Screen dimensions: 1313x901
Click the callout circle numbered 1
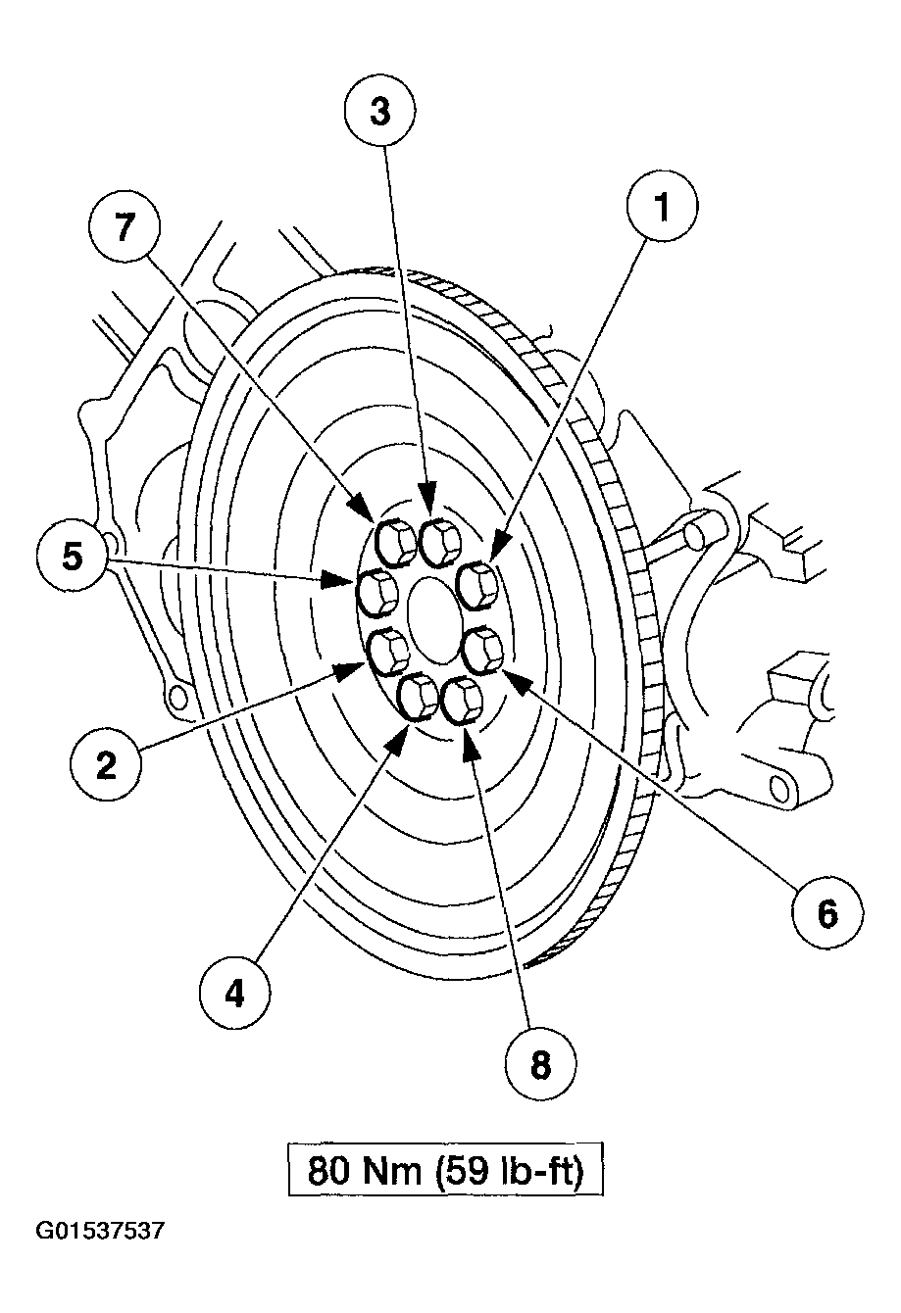(663, 208)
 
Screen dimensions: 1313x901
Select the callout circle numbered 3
(380, 111)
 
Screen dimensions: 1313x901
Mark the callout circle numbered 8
(541, 1064)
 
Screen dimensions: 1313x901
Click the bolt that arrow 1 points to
(479, 584)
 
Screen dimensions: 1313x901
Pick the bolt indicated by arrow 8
(462, 701)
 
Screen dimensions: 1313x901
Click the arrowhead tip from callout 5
(353, 582)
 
